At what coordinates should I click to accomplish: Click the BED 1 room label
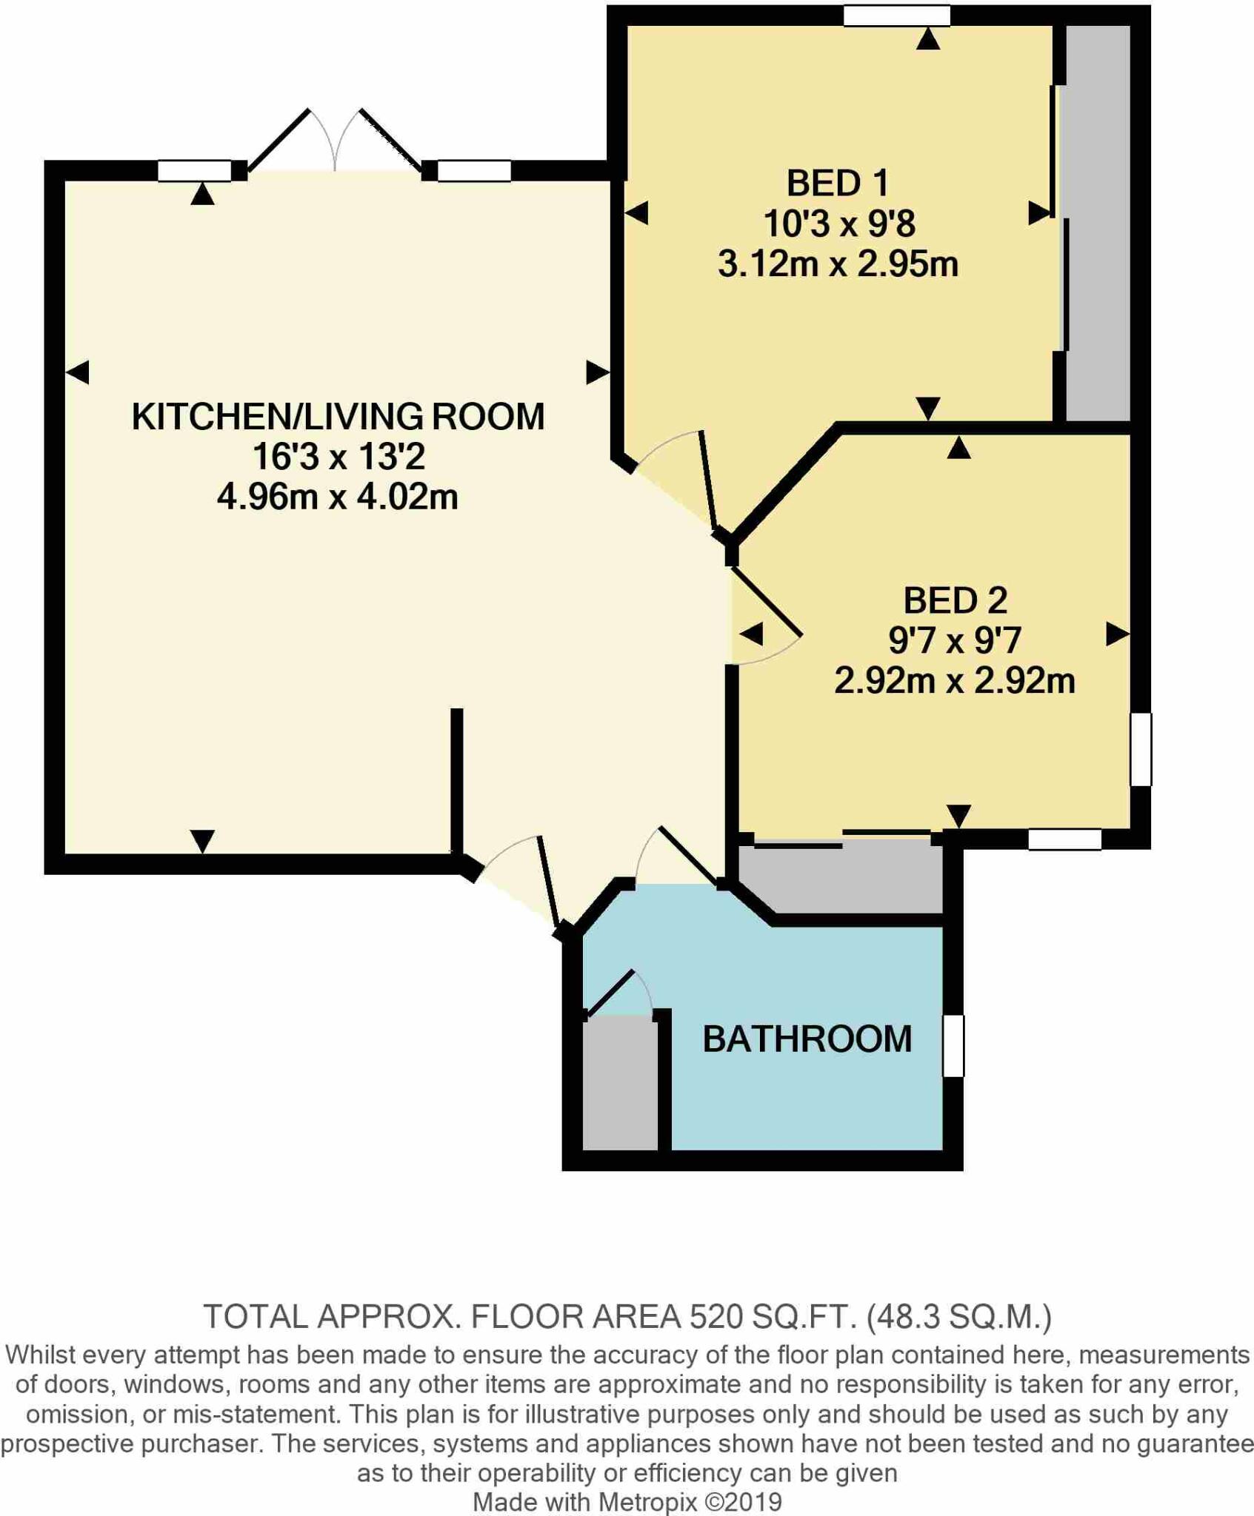click(x=837, y=184)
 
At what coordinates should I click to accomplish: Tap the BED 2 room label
click(x=955, y=600)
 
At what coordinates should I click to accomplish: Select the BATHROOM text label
click(x=807, y=1039)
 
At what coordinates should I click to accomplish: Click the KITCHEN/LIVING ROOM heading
click(x=338, y=417)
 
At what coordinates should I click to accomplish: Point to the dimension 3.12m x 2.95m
click(x=838, y=264)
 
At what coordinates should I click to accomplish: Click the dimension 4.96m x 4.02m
click(x=338, y=497)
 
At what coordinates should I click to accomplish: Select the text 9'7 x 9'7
click(x=955, y=640)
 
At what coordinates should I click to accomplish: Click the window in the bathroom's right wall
click(x=953, y=1045)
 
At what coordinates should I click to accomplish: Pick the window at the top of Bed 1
click(x=896, y=16)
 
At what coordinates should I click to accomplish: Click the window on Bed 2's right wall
click(x=1141, y=748)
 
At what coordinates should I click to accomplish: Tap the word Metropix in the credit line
click(x=648, y=1502)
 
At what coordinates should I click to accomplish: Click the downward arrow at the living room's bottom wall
click(x=202, y=841)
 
